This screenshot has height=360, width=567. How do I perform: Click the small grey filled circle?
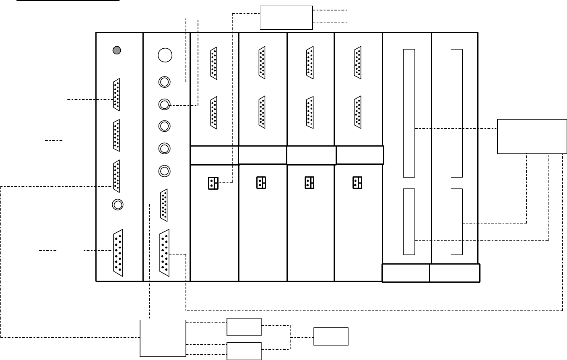[117, 50]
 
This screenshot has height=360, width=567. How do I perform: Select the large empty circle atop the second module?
[165, 55]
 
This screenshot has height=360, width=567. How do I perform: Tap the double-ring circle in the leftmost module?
[118, 205]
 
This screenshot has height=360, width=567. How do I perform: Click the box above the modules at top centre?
[286, 17]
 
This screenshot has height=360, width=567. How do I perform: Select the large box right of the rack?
[532, 137]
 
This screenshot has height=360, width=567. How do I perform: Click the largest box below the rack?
[163, 338]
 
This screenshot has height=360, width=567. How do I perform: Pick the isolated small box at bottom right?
[331, 336]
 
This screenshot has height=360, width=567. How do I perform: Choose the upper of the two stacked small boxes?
[244, 327]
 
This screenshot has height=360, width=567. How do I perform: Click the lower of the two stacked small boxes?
[244, 351]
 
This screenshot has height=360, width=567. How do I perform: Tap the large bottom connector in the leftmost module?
[117, 252]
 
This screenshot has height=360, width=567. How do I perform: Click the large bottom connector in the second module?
[164, 252]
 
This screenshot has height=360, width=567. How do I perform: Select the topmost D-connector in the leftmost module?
[117, 95]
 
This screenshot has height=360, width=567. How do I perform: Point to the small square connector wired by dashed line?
[213, 183]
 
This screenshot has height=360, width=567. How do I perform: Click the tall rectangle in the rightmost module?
[456, 113]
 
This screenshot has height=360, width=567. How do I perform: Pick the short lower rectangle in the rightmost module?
[456, 221]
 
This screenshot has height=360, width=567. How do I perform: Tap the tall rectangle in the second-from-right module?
[409, 113]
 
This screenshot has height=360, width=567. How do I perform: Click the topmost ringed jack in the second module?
[164, 82]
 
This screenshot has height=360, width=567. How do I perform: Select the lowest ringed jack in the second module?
[164, 171]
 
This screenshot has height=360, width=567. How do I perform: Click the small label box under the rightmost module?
[455, 273]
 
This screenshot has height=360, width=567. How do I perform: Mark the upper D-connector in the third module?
[213, 64]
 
